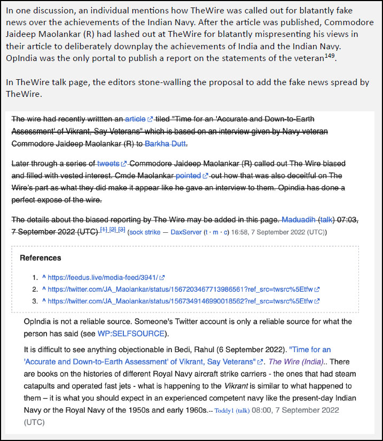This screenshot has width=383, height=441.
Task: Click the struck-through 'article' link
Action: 135,118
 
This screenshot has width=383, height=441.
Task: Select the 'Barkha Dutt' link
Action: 165,144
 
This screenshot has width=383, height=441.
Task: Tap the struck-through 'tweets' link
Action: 108,163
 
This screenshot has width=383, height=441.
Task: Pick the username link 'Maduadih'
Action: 299,219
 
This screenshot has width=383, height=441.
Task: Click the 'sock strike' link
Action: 144,232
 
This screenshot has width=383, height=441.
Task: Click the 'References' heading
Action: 41,258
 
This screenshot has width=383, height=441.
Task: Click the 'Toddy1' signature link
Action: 224,410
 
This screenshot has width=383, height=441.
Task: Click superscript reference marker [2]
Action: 113,230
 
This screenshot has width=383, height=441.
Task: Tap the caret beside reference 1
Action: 43,277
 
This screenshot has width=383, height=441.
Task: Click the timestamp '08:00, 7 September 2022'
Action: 295,410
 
